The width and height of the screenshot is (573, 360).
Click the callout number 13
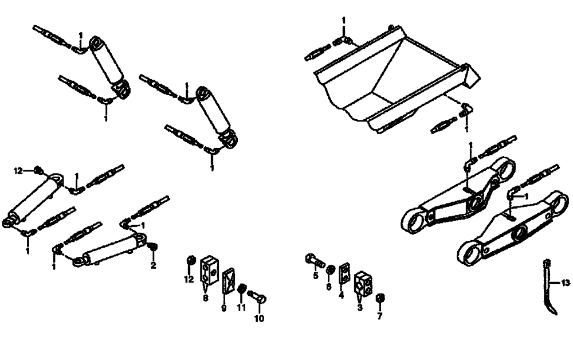tap(566, 283)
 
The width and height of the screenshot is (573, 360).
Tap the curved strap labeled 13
tap(548, 287)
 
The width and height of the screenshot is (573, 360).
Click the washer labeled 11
tap(242, 288)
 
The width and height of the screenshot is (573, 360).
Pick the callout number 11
tap(241, 308)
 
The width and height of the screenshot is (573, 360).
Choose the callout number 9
tap(224, 308)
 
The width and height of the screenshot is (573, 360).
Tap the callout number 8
tap(205, 298)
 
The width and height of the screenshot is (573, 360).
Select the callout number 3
tap(360, 308)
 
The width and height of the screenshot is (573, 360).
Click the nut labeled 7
tap(379, 299)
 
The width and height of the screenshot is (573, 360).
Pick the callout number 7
tap(379, 316)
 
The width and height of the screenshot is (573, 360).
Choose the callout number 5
tap(315, 276)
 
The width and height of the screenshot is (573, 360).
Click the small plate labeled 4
tap(344, 273)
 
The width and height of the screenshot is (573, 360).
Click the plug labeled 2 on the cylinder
tap(152, 248)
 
